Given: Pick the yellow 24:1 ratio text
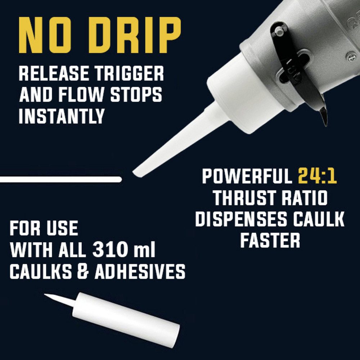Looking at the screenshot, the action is click(317, 177).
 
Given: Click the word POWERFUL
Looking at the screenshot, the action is click(247, 177).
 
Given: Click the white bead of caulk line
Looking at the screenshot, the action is click(60, 179).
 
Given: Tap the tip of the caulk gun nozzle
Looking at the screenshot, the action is click(135, 172).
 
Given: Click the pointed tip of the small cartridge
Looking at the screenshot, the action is click(45, 295).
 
